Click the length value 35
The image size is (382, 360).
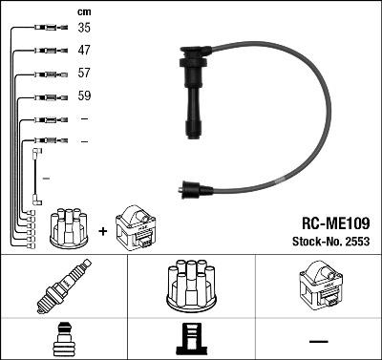[x=84, y=28]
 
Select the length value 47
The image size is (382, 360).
[x=84, y=51]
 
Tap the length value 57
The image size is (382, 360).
[x=84, y=74]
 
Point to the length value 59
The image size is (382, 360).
[x=84, y=96]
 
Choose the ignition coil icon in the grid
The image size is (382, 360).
[x=318, y=285]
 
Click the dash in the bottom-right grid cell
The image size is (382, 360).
[x=318, y=340]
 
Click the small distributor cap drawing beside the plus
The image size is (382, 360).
[x=69, y=225]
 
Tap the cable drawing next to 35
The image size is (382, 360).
[x=45, y=28]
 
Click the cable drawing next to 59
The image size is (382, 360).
[x=45, y=96]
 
